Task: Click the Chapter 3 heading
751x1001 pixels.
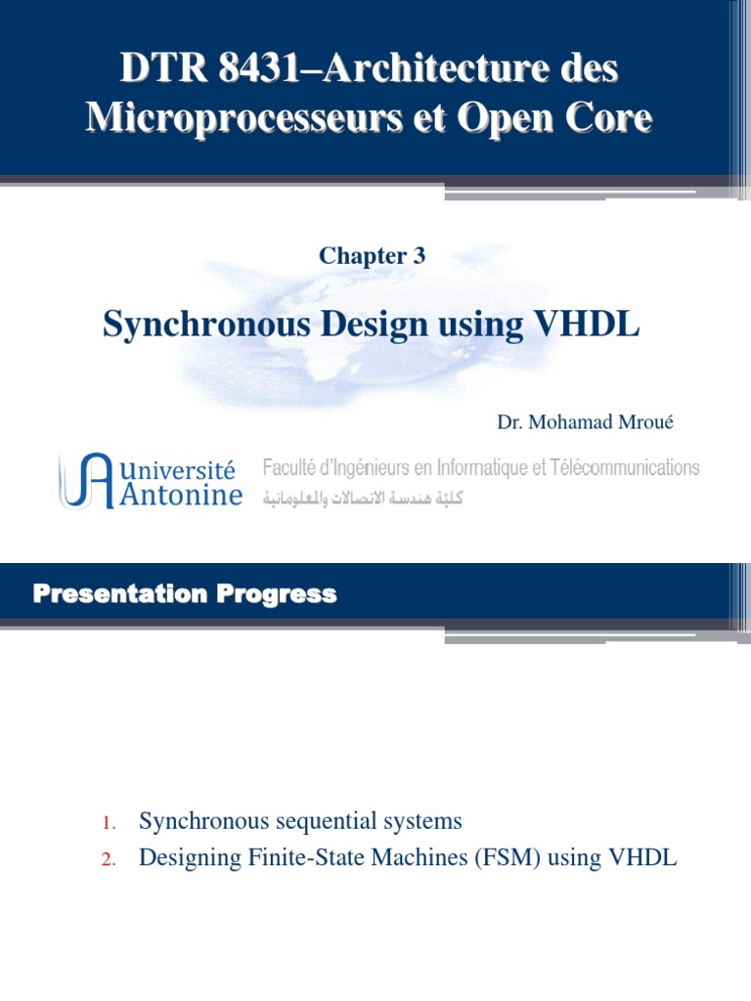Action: click(x=372, y=256)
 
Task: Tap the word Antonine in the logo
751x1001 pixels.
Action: click(x=181, y=495)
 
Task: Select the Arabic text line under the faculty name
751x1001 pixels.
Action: click(x=362, y=498)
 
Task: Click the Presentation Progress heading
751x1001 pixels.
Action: click(x=185, y=593)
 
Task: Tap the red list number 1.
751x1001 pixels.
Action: click(x=109, y=823)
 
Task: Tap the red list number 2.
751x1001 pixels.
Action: click(x=109, y=860)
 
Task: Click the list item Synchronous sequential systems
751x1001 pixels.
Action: click(x=300, y=821)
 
